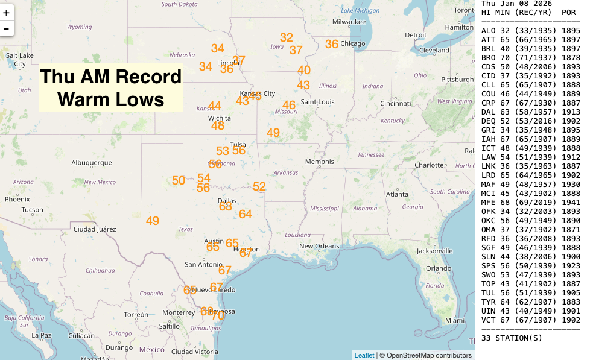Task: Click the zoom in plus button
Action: click(7, 12)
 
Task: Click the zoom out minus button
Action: click(7, 28)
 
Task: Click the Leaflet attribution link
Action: click(364, 355)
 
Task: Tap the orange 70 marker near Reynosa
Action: click(218, 315)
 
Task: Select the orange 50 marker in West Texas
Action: click(179, 180)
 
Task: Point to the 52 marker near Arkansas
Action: click(259, 186)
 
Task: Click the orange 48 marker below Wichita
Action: click(218, 125)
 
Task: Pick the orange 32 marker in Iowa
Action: click(287, 37)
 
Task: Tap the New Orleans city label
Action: click(323, 246)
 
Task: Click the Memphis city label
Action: click(319, 162)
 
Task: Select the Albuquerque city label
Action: click(92, 163)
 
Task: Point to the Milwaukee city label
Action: click(349, 22)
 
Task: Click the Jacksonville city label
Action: click(435, 251)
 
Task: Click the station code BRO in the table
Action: click(488, 58)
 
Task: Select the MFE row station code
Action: click(488, 203)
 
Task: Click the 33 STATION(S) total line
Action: click(511, 338)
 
